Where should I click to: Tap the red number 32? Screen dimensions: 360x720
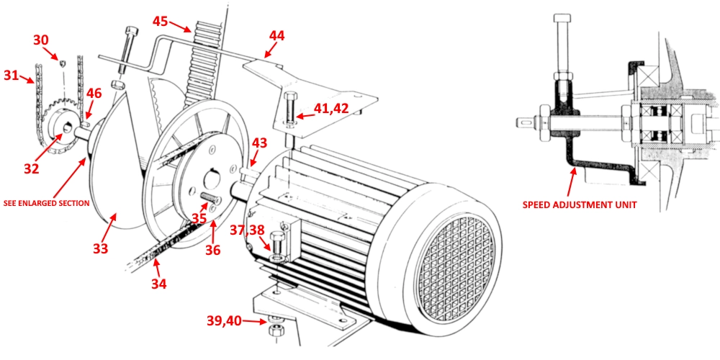30,168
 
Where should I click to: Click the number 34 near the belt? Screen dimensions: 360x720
158,284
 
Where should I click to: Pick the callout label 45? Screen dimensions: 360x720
161,21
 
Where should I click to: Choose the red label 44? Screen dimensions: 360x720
277,35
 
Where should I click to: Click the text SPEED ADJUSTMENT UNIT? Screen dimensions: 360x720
580,204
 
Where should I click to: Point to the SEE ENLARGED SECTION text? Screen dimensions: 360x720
45,203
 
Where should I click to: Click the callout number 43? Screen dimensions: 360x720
260,143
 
